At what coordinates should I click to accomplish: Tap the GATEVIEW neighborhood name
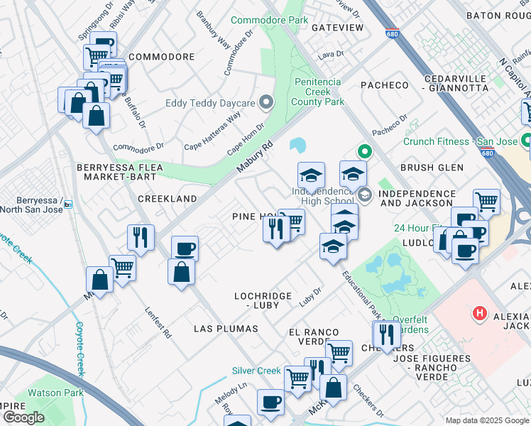[337, 28]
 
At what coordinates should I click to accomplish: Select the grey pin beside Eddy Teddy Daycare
[266, 104]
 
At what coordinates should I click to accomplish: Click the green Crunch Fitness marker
[526, 141]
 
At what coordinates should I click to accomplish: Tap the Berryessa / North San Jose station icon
[67, 204]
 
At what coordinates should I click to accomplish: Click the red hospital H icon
[481, 312]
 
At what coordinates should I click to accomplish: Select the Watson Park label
[55, 393]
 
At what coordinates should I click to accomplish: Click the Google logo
[23, 417]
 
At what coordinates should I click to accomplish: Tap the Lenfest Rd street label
[158, 322]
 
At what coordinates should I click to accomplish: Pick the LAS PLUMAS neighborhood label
[226, 329]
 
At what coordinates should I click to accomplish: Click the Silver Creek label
[256, 371]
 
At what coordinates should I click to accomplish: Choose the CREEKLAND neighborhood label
[167, 200]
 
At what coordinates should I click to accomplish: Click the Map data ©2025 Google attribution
[487, 420]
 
